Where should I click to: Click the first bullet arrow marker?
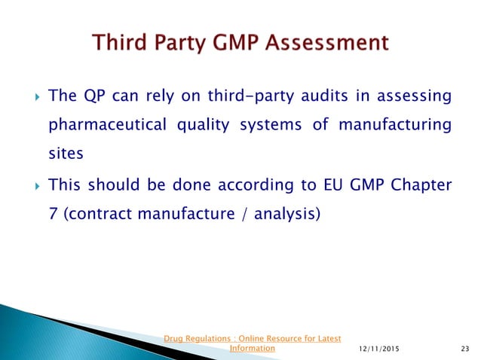(x=30, y=97)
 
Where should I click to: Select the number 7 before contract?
(x=52, y=213)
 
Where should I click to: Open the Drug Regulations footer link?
(x=252, y=343)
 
